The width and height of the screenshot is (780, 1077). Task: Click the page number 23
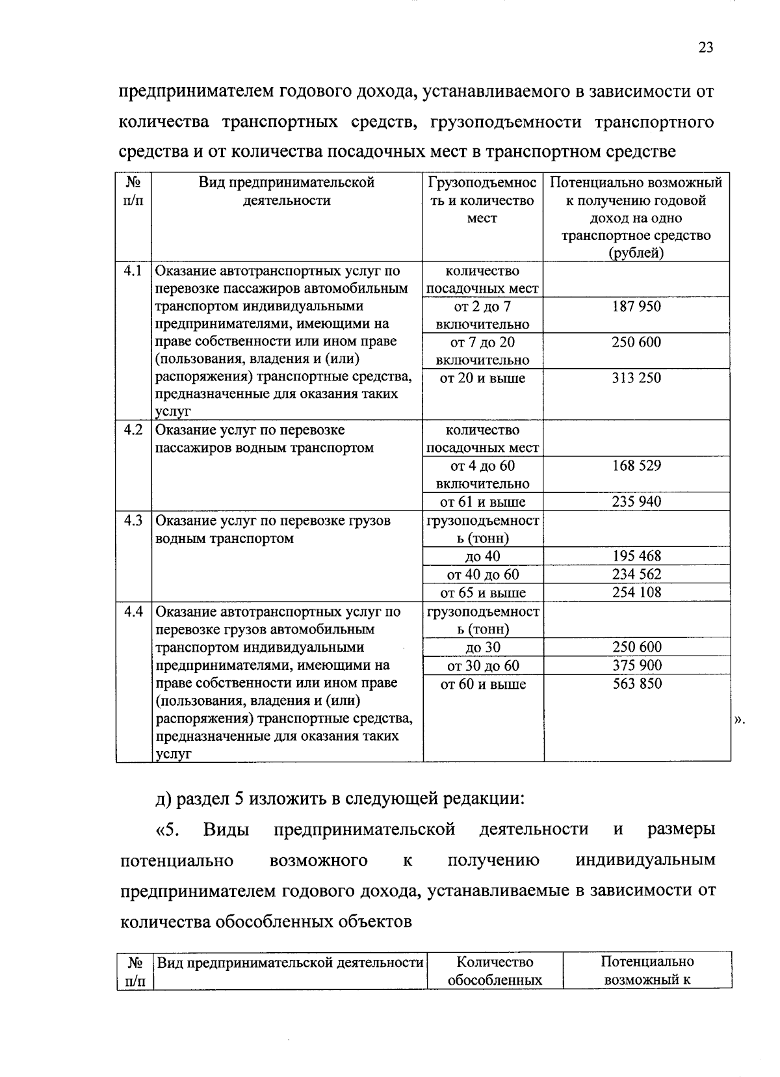pos(706,47)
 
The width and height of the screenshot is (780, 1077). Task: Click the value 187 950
pos(636,306)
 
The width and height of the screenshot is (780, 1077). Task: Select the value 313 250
pos(636,378)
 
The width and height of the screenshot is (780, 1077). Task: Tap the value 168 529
pos(636,466)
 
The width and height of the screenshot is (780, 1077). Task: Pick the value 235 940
pos(636,501)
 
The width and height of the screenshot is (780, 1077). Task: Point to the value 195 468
pos(636,556)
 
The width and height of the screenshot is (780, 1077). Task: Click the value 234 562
pos(636,574)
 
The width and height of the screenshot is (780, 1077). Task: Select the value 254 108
pos(636,592)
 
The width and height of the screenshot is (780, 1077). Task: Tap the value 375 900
pos(636,665)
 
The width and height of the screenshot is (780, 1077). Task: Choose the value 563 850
pos(636,684)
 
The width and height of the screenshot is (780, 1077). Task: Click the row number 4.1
pos(133,271)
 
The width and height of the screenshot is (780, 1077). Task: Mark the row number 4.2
pos(133,430)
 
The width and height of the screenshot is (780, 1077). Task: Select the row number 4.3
pos(133,521)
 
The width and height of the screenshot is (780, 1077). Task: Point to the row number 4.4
pos(133,612)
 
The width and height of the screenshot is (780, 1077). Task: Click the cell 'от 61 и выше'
pos(482,501)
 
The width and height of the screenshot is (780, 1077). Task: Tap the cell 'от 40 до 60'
pos(482,574)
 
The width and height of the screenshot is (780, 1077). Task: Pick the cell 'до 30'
pos(482,647)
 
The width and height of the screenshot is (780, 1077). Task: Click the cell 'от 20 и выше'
pos(482,378)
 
